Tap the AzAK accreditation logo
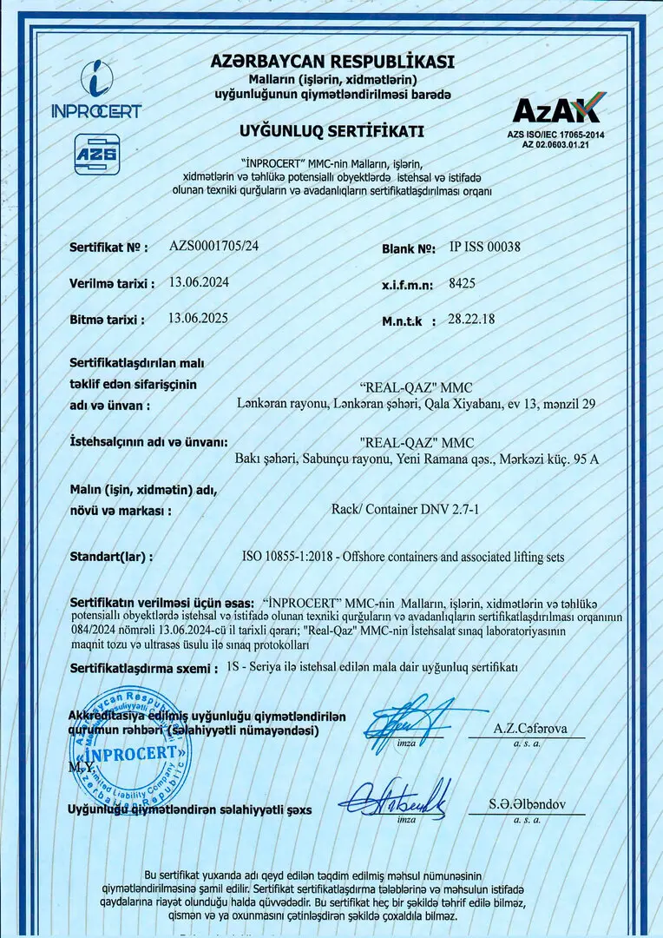pyautogui.click(x=556, y=111)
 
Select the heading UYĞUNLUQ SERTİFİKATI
pyautogui.click(x=331, y=131)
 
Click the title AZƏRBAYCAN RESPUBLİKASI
pyautogui.click(x=332, y=62)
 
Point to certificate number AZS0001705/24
pyautogui.click(x=213, y=247)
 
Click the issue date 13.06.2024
pyautogui.click(x=199, y=282)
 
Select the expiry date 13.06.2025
pyautogui.click(x=199, y=319)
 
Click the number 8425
pyautogui.click(x=462, y=283)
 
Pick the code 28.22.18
pyautogui.click(x=471, y=320)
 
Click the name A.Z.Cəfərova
pyautogui.click(x=530, y=729)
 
